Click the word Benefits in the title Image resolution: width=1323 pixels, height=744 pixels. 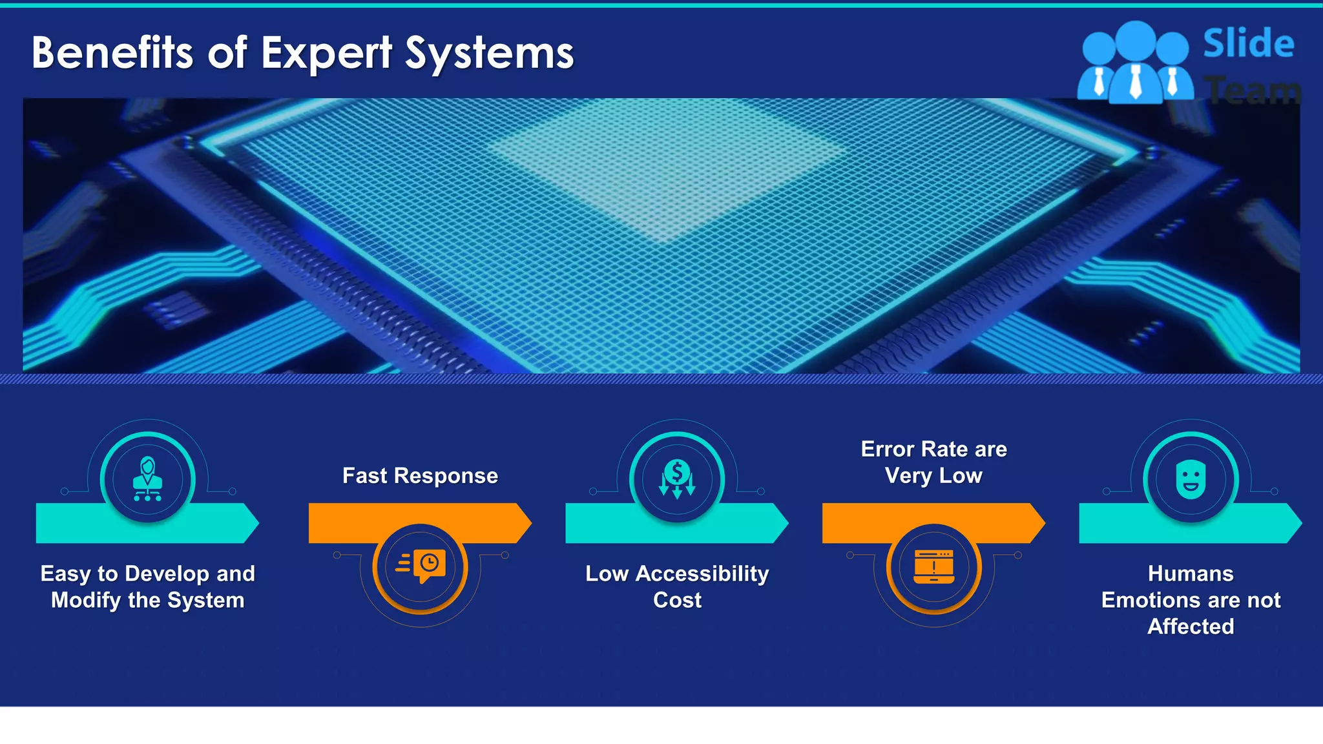[x=112, y=52]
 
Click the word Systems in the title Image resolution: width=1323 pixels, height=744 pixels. [x=489, y=54]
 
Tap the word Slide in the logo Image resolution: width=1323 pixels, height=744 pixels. [x=1248, y=44]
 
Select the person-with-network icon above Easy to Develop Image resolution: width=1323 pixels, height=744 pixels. [x=148, y=479]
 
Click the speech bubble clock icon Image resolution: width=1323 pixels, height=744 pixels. [x=421, y=566]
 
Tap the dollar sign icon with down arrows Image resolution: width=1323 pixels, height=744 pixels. [x=677, y=479]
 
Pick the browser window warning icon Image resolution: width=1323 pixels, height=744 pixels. [x=934, y=566]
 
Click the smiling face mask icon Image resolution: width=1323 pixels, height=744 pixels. [x=1191, y=479]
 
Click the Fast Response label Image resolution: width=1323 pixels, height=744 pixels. [x=420, y=476]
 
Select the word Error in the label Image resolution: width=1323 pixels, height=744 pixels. [x=887, y=449]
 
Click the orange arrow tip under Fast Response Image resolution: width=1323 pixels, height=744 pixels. [x=523, y=522]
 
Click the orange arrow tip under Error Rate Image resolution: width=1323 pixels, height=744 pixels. [x=1037, y=522]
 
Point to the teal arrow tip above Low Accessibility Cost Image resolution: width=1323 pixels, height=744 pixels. [x=780, y=522]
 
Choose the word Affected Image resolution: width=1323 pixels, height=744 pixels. [x=1191, y=626]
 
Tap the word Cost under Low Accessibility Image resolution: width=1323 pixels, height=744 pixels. [x=677, y=600]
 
